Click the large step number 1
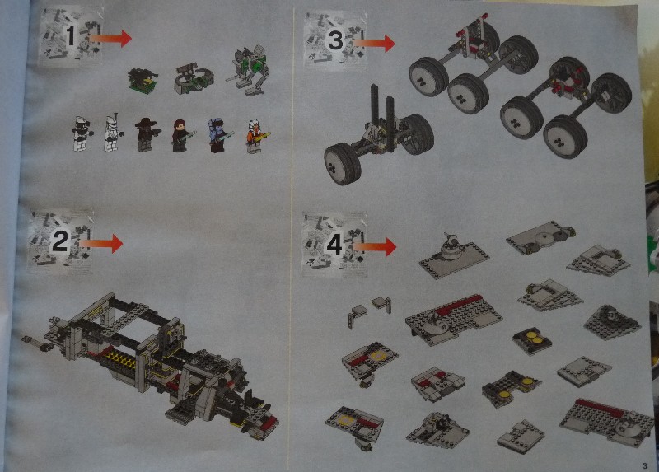(71, 35)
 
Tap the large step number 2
(59, 241)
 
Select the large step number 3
(336, 40)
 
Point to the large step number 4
(334, 245)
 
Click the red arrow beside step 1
(110, 38)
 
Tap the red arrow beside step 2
(100, 243)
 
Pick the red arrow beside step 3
(374, 43)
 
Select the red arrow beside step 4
(375, 247)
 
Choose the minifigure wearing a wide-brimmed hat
(147, 133)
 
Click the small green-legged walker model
(249, 69)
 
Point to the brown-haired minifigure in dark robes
(182, 135)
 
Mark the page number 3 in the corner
(645, 465)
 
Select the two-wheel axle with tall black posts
(378, 134)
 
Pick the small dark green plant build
(143, 81)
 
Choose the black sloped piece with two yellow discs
(531, 340)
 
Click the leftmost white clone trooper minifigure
(81, 133)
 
